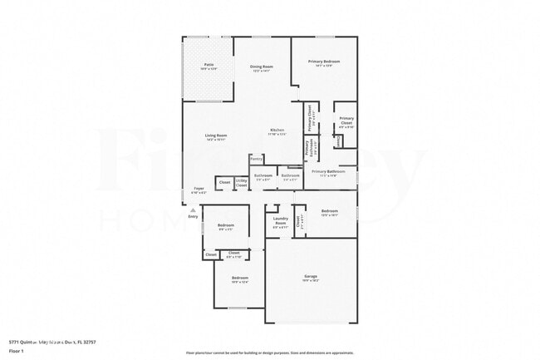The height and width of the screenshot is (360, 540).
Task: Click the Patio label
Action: [209, 64]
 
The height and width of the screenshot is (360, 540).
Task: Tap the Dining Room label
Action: [263, 66]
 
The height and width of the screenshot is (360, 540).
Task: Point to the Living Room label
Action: [216, 136]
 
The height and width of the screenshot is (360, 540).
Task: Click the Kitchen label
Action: [277, 130]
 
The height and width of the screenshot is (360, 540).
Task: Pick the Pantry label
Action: [256, 158]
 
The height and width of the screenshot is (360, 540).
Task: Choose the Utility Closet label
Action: [241, 182]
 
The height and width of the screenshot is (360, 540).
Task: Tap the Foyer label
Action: [199, 189]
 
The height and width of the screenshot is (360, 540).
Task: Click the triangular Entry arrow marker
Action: [194, 209]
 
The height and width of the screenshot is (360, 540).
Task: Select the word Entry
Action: [194, 216]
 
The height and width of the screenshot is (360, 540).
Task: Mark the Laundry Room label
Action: [280, 220]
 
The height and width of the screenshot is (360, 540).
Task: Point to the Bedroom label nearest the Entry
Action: [225, 225]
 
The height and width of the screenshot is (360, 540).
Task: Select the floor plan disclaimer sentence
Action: [269, 352]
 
